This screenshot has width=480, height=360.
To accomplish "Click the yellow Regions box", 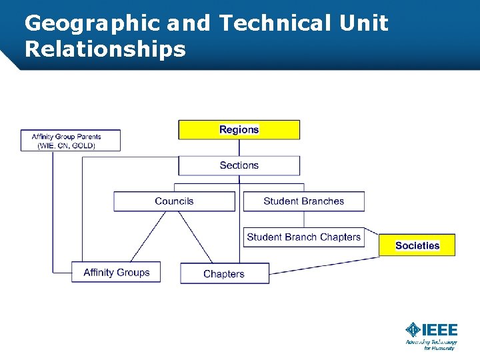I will (x=239, y=129).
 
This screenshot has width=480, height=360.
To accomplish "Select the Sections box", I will (x=239, y=165).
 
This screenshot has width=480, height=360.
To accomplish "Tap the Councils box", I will (x=174, y=201).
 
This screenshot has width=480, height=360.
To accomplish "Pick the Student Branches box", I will (x=303, y=201).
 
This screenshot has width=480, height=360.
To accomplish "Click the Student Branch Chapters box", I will (x=303, y=237).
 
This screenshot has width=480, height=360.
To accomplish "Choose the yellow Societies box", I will (x=417, y=245).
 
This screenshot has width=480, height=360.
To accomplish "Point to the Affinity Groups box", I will (x=116, y=272).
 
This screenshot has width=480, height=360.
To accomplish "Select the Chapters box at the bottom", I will (x=224, y=273).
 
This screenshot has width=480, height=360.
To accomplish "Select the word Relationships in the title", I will (x=105, y=49).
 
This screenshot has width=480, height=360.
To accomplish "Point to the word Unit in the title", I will (x=363, y=24).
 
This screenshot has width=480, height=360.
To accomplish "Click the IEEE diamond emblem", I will (x=414, y=329).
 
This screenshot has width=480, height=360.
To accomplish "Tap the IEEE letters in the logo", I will (x=441, y=329).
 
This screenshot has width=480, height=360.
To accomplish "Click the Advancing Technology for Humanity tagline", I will (x=431, y=345).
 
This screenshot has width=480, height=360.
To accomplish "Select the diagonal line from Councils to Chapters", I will (x=195, y=236).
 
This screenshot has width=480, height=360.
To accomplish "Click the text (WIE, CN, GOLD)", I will (x=67, y=145).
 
